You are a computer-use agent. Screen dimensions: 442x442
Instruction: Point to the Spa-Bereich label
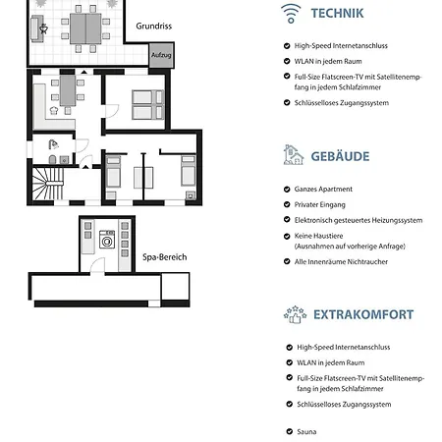point(165,257)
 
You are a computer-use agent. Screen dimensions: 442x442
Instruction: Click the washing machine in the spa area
point(106,239)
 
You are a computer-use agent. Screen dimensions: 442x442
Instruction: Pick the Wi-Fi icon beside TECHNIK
point(291,13)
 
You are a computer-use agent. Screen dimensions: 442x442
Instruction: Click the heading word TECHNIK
point(337,13)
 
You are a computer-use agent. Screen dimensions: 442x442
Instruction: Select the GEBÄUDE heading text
point(340,155)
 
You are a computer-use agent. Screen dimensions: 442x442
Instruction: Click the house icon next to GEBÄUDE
point(292,154)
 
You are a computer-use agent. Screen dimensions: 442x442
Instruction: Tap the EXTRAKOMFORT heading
point(362,314)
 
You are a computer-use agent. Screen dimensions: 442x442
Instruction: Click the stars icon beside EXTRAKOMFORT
point(294,313)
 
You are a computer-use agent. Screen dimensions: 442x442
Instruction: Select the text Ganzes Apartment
point(323,189)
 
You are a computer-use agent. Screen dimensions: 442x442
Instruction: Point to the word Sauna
point(307,430)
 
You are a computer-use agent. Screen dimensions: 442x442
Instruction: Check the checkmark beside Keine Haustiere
point(287,237)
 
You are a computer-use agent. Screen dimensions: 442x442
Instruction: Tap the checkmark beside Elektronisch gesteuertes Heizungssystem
point(287,221)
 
